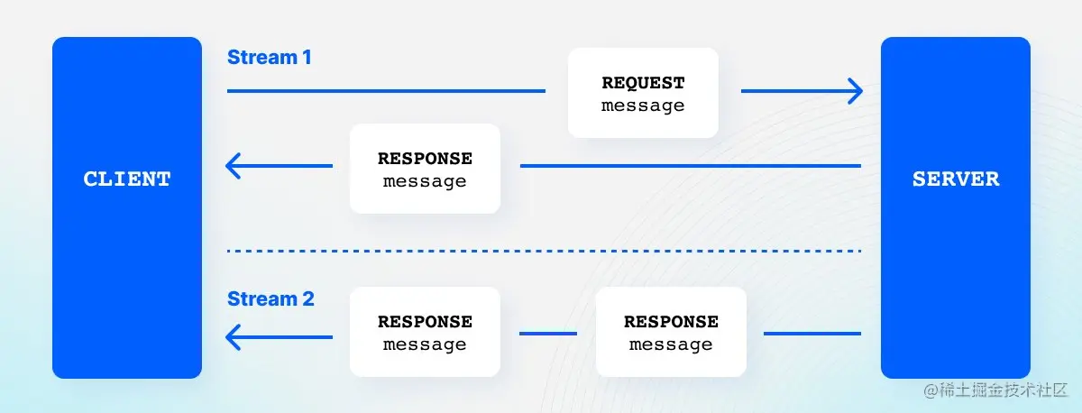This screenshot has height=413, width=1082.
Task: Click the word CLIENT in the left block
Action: click(x=127, y=179)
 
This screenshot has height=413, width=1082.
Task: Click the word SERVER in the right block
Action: click(x=956, y=179)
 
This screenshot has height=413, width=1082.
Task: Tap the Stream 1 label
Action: click(x=269, y=58)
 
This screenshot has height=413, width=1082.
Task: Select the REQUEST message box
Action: click(x=643, y=93)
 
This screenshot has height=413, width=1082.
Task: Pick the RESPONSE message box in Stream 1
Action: click(x=425, y=169)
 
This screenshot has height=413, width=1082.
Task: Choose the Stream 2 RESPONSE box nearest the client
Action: click(x=425, y=332)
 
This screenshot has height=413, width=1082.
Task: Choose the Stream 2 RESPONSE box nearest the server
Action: click(x=671, y=332)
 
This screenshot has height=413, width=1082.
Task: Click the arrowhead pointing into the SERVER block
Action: click(x=854, y=91)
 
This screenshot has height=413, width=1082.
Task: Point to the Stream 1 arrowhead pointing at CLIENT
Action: click(x=234, y=166)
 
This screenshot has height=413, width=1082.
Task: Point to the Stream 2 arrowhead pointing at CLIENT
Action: click(x=234, y=336)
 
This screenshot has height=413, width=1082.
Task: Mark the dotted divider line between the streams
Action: click(x=544, y=251)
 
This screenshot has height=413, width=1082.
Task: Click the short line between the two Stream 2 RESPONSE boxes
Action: click(x=548, y=334)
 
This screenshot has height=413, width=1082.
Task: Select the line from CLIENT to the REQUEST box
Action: click(x=386, y=91)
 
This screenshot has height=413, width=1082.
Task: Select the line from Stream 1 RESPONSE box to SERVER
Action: click(x=691, y=166)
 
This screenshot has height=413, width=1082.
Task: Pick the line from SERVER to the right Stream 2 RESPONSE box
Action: click(x=812, y=334)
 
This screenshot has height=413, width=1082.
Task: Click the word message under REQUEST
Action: click(x=643, y=106)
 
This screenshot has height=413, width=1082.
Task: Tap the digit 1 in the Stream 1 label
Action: click(x=307, y=58)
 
